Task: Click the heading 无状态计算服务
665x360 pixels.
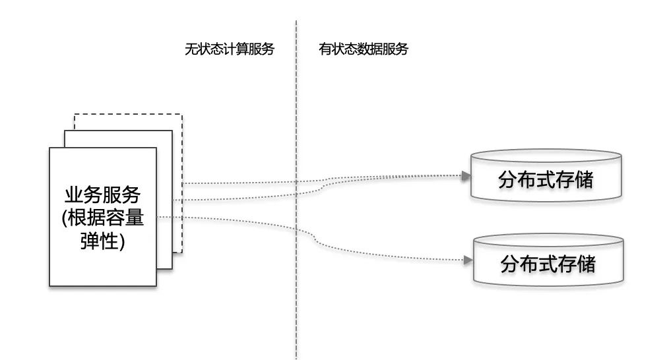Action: pyautogui.click(x=229, y=49)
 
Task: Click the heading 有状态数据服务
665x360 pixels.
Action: pyautogui.click(x=364, y=49)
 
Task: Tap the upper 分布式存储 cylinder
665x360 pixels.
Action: pyautogui.click(x=546, y=179)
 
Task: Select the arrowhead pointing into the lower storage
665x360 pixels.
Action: pyautogui.click(x=468, y=260)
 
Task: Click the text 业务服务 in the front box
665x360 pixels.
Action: pyautogui.click(x=102, y=195)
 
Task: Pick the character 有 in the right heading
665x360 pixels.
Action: pyautogui.click(x=325, y=49)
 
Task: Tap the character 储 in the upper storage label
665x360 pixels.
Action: pyautogui.click(x=583, y=179)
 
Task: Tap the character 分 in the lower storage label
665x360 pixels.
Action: pyautogui.click(x=510, y=264)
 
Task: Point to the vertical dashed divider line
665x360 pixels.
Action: pyautogui.click(x=296, y=198)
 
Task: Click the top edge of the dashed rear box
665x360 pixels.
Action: pyautogui.click(x=128, y=114)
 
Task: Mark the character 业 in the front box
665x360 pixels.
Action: pyautogui.click(x=74, y=195)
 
